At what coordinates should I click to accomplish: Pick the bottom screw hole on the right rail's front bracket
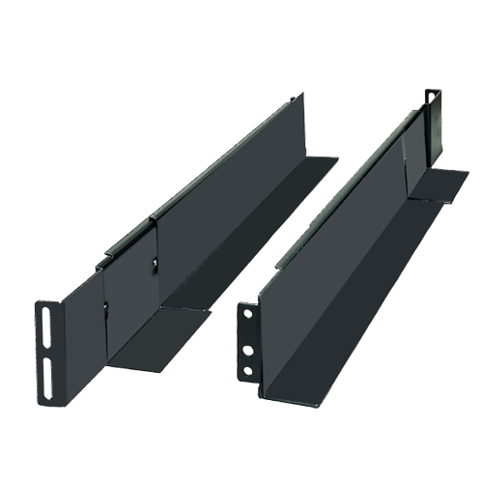250,369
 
